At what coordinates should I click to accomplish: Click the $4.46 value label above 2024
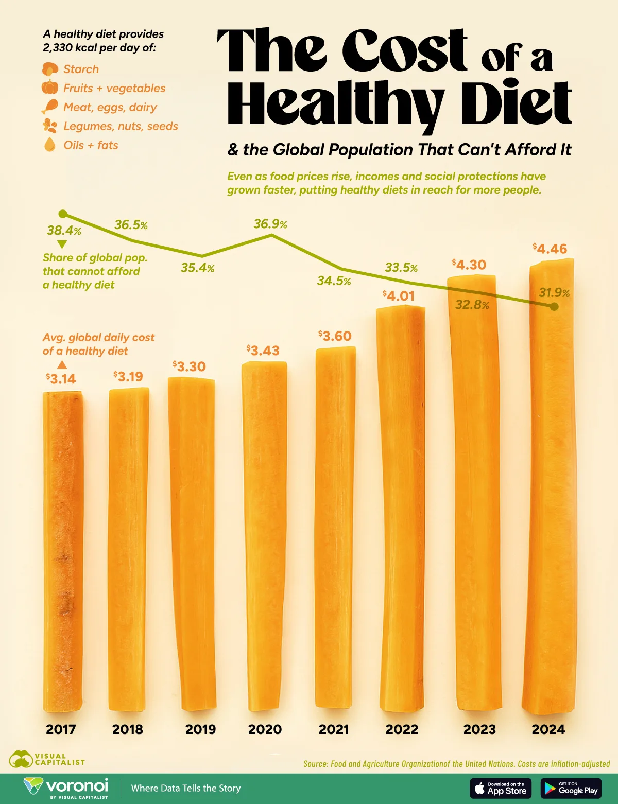550,249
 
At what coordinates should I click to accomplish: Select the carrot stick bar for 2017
63,551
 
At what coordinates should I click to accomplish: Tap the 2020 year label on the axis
265,729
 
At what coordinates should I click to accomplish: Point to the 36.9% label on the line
270,224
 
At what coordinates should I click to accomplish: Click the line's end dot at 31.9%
554,306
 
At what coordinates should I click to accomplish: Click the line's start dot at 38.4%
63,214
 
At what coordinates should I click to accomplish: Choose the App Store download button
501,788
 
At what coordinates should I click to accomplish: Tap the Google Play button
571,788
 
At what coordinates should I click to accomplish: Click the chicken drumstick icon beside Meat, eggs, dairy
50,107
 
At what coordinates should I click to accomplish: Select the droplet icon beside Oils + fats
50,145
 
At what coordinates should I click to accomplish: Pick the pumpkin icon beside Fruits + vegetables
50,88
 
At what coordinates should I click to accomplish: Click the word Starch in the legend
81,69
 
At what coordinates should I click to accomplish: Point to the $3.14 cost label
61,379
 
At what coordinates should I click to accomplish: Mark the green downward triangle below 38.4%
62,244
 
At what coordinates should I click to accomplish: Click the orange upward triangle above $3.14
62,365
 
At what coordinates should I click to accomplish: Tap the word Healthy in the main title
335,103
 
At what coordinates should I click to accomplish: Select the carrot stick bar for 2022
401,510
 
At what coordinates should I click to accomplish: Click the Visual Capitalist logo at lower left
46,759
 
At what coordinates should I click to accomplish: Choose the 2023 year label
479,729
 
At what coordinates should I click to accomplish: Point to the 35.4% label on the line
197,268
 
